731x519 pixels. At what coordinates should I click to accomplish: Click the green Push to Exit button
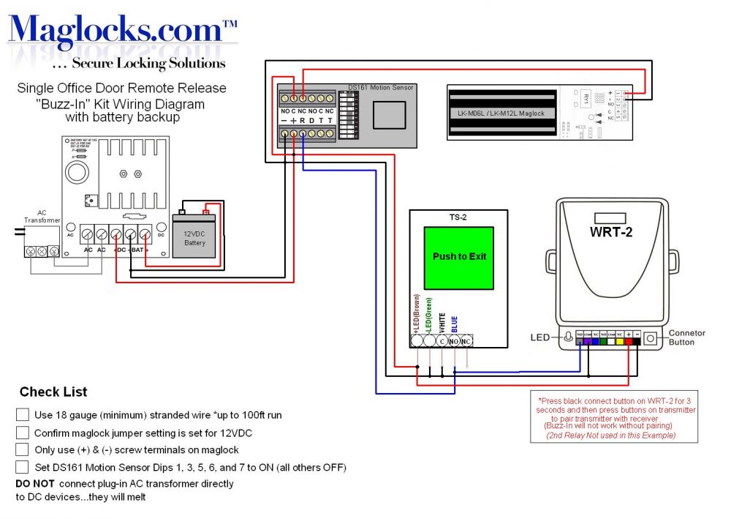pyautogui.click(x=459, y=257)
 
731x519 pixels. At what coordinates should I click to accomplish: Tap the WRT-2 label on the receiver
pyautogui.click(x=609, y=233)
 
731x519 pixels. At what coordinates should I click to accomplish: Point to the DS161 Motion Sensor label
pyautogui.click(x=380, y=88)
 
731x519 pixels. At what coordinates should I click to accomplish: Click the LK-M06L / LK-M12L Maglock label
pyautogui.click(x=501, y=113)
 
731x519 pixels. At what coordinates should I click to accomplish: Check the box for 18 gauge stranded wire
pyautogui.click(x=23, y=415)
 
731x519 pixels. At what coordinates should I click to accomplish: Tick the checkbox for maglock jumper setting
pyautogui.click(x=23, y=433)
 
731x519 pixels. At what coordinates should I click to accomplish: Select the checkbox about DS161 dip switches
pyautogui.click(x=23, y=467)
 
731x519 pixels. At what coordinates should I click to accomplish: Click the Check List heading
pyautogui.click(x=53, y=392)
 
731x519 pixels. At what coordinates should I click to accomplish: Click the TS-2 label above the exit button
pyautogui.click(x=458, y=217)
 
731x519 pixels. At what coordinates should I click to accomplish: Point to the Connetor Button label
pyautogui.click(x=686, y=337)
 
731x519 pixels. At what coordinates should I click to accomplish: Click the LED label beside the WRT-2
pyautogui.click(x=539, y=337)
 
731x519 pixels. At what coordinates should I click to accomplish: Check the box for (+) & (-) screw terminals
pyautogui.click(x=23, y=449)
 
